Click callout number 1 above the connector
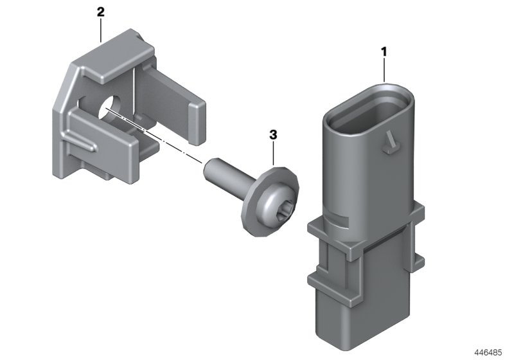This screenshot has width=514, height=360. (x=384, y=50)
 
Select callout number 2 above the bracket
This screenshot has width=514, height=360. (x=100, y=12)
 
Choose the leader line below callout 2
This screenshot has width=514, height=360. (x=101, y=30)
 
